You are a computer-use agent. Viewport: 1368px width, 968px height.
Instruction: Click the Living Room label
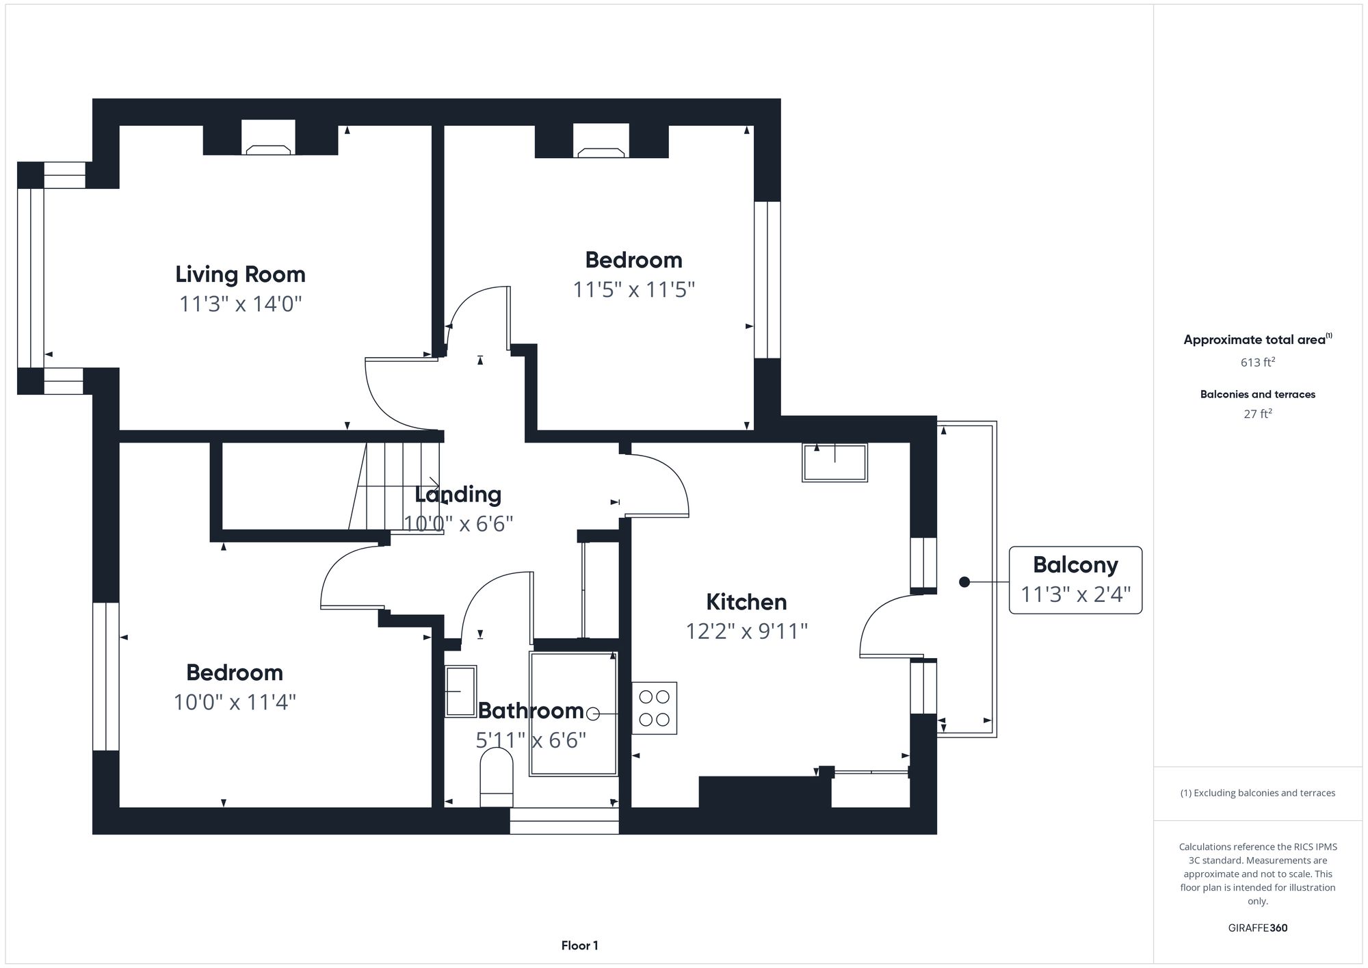pos(240,274)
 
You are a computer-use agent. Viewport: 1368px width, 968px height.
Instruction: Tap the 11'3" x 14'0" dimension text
pos(240,304)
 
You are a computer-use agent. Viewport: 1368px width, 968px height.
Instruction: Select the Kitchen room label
pos(746,602)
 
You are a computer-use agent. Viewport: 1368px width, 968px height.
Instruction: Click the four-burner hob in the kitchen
pos(654,708)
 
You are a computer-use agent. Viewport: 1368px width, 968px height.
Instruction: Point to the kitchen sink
pos(834,462)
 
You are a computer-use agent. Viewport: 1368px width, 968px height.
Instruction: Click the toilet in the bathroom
pos(497,777)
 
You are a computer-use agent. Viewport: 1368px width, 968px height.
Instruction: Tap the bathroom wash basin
pos(460,691)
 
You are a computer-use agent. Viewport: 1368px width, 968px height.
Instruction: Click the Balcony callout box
pos(1075,579)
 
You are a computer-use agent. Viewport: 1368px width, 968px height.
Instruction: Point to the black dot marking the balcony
pos(964,582)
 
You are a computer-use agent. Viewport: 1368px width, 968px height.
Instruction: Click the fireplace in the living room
pos(268,140)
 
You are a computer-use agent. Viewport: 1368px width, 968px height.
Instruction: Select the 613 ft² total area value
pos(1257,362)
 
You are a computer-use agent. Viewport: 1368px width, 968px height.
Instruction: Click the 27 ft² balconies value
pos(1257,414)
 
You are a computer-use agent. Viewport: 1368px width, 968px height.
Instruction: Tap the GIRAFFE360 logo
pos(1257,928)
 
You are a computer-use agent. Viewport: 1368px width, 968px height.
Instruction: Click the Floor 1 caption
pos(579,945)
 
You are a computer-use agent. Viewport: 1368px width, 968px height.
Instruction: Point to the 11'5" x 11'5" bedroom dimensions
pos(633,290)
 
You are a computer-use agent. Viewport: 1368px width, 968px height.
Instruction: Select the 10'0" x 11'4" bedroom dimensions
pos(235,703)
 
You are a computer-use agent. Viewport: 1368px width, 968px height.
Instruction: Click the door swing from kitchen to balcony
pos(889,626)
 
